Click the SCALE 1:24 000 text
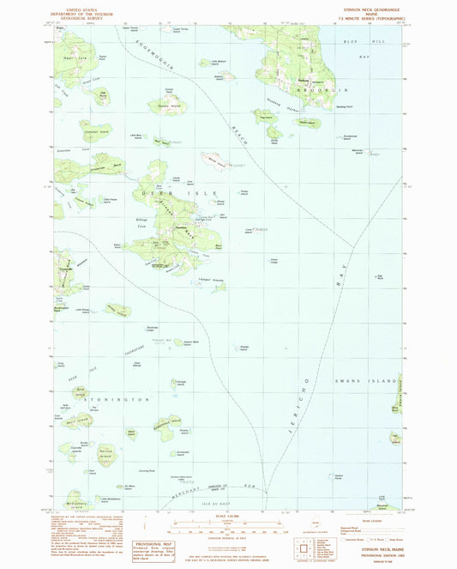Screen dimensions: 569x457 pyautogui.click(x=227, y=515)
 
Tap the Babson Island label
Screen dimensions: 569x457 pyautogui.click(x=224, y=73)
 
